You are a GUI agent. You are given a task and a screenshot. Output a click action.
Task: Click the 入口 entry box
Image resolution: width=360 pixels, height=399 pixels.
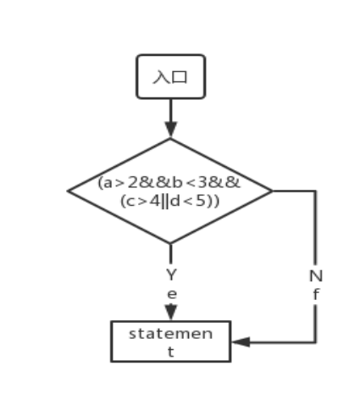point(171,76)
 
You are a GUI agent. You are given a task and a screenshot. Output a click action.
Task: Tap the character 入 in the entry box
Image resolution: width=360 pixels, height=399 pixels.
point(162,77)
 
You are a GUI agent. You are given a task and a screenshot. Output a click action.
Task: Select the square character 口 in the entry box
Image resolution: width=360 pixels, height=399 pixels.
point(180,77)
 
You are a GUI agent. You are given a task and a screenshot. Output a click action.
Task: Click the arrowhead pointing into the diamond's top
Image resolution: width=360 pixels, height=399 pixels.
point(171,130)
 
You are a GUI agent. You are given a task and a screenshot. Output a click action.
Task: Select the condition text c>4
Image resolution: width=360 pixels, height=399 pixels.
point(143,202)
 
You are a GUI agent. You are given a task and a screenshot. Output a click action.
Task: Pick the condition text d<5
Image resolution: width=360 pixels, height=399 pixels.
point(187,202)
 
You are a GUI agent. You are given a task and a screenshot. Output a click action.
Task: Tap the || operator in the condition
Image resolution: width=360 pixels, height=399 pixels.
point(165,202)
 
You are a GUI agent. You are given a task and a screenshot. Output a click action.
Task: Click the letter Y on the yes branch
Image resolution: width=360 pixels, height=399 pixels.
point(171,274)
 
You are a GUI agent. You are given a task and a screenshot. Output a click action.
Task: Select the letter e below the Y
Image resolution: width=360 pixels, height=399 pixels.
point(172,294)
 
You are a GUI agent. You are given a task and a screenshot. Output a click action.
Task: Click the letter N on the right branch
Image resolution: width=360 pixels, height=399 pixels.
point(316,276)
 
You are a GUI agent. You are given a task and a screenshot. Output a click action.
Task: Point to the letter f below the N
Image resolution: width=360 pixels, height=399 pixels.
point(316,295)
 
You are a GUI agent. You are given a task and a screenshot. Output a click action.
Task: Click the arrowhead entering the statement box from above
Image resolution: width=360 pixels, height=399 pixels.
point(171,313)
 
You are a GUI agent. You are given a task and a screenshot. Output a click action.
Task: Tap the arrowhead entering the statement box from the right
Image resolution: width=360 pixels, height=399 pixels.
point(241,342)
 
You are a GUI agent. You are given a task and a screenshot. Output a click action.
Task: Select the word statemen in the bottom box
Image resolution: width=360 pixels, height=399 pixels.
point(170,334)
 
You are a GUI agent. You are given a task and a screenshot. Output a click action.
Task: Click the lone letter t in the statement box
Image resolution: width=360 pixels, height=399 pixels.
point(170,352)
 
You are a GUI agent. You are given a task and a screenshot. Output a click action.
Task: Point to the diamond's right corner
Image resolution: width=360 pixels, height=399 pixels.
point(272,191)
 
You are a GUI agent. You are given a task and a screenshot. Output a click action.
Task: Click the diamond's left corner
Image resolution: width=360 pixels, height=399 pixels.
point(68,191)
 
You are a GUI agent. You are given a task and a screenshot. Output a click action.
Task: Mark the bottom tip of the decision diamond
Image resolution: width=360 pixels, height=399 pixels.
point(170,243)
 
